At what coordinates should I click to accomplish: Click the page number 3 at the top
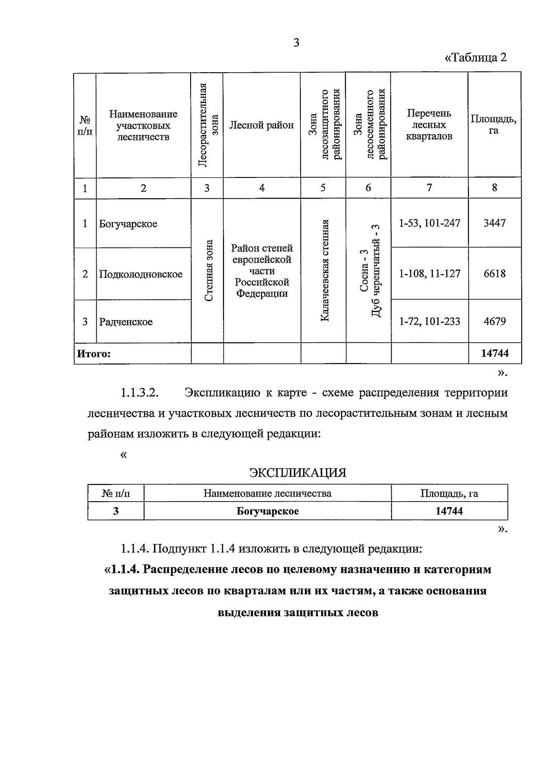pos(296,43)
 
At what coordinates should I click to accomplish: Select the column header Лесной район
pos(262,125)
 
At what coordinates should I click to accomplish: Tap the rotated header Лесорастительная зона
pos(207,125)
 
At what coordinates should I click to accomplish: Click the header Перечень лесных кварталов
pos(429,125)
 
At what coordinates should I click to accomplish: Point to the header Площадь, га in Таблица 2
pos(494,125)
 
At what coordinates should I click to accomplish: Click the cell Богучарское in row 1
pos(128,224)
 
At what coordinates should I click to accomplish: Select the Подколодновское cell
pos(141,274)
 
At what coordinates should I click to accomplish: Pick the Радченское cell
pos(126,322)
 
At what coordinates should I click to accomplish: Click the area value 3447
pos(495,223)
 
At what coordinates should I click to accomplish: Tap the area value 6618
pos(495,274)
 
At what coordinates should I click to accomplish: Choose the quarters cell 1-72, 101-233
pos(430,322)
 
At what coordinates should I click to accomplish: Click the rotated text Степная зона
pos(208,271)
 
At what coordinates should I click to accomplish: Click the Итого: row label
pos(93,354)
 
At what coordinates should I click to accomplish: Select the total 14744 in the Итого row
pos(495,353)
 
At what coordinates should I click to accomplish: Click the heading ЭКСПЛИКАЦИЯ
pos(298,473)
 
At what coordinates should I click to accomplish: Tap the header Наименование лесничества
pos(267,493)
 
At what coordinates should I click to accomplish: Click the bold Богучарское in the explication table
pos(267,511)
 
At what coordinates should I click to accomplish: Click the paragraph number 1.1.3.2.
pos(139,392)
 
